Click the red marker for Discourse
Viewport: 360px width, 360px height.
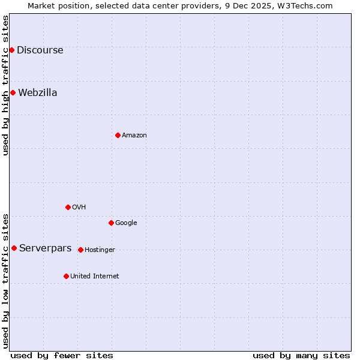click(x=11, y=50)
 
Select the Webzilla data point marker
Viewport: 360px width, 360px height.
click(x=13, y=92)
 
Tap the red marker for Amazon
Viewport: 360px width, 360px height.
click(x=118, y=135)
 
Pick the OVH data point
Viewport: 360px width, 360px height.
click(x=68, y=207)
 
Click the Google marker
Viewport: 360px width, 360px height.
click(x=111, y=223)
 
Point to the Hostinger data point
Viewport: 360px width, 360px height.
click(x=80, y=250)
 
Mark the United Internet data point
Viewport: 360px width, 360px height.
click(x=66, y=276)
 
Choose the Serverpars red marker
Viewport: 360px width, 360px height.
click(x=14, y=248)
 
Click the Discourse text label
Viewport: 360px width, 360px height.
click(x=40, y=50)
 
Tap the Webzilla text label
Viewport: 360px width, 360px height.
click(x=37, y=93)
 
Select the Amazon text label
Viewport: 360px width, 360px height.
click(x=134, y=136)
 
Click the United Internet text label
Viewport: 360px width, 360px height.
click(x=94, y=277)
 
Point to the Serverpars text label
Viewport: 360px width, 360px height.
click(x=45, y=248)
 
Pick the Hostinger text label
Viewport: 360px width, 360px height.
click(x=100, y=250)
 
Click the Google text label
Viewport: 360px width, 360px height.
click(x=126, y=223)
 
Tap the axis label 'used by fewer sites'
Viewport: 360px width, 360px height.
click(x=62, y=355)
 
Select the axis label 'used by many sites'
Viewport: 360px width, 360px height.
click(x=301, y=355)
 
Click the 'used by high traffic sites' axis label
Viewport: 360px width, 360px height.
click(x=5, y=85)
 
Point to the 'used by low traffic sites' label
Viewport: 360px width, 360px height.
click(x=5, y=280)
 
